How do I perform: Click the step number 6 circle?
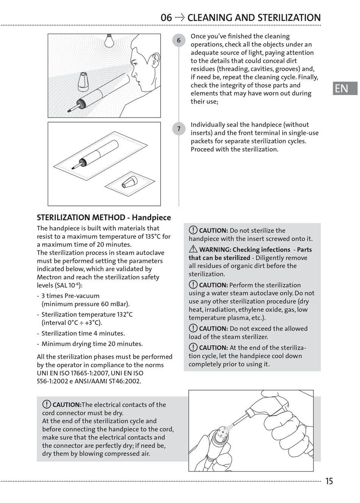tap(179, 41)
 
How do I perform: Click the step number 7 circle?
tap(179, 129)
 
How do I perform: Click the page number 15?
tap(329, 481)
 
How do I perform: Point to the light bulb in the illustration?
tap(110, 41)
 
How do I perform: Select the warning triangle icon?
tap(193, 249)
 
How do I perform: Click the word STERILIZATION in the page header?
tap(289, 17)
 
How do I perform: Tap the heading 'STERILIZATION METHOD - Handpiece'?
tap(104, 218)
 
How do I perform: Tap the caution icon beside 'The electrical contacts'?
tap(47, 404)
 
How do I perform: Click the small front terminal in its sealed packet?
tap(130, 182)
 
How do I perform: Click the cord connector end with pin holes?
tap(222, 432)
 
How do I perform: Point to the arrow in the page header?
tap(180, 17)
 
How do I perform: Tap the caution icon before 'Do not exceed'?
tap(193, 329)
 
